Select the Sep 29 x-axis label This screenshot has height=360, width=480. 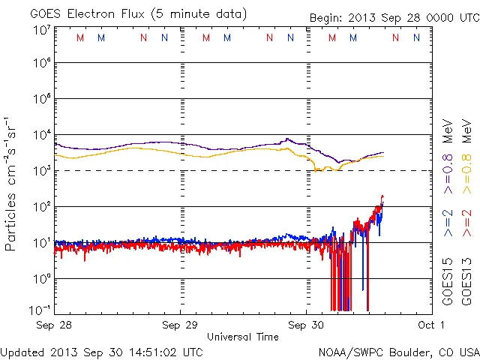[x=181, y=325]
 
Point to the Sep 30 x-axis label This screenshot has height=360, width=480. [x=307, y=325]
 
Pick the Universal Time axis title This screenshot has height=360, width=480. [x=243, y=337]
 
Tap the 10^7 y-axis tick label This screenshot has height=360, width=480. [x=40, y=30]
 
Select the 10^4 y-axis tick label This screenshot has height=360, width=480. [x=40, y=135]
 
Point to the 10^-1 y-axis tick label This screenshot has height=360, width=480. [x=40, y=310]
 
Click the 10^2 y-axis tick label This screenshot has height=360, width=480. [x=40, y=206]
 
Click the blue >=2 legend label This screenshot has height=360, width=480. [x=448, y=223]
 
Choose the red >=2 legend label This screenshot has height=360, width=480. [x=466, y=223]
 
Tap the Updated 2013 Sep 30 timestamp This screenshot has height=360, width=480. [x=101, y=352]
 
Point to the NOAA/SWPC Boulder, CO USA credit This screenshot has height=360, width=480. [x=398, y=352]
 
